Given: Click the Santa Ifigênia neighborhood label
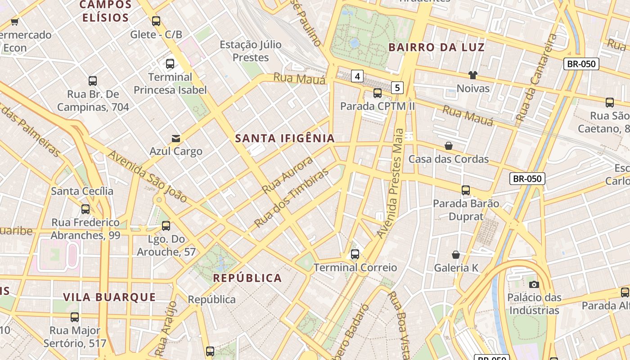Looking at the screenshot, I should click(x=285, y=139).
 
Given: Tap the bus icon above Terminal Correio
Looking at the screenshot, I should click(x=355, y=254).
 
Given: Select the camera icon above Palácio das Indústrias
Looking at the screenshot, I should click(x=534, y=284).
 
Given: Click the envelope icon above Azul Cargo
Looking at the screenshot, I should click(x=176, y=138).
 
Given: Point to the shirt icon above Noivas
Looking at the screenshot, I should click(x=472, y=75).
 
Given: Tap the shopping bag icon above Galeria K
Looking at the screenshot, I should click(x=456, y=255).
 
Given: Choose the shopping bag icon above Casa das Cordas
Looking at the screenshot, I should click(x=449, y=146).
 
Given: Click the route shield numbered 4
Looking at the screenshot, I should click(x=357, y=76).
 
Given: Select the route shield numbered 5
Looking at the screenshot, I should click(x=397, y=87).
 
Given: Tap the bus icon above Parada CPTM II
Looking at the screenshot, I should click(x=378, y=93).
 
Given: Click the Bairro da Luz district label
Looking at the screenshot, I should click(x=436, y=47).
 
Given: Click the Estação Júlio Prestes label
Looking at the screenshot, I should click(x=251, y=51).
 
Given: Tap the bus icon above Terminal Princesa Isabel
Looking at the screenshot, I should click(x=170, y=64).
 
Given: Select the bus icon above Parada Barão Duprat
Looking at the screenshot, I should click(x=466, y=190).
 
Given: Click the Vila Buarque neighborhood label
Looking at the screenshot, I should click(x=109, y=297).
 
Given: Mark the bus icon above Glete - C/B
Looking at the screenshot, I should click(x=156, y=21).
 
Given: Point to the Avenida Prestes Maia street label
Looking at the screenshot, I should click(x=391, y=183).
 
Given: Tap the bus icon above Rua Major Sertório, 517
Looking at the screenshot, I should click(x=75, y=317).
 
